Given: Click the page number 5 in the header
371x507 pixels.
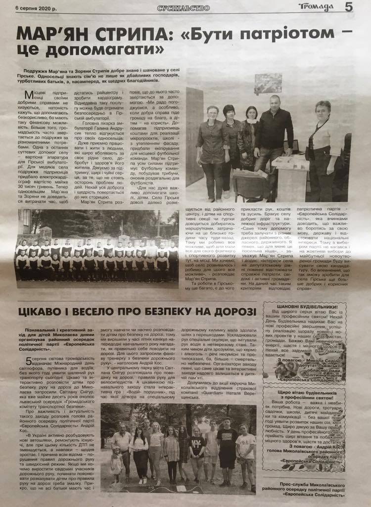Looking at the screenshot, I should pyautogui.click(x=362, y=7).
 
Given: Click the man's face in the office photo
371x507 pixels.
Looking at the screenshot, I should pyautogui.click(x=275, y=103).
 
